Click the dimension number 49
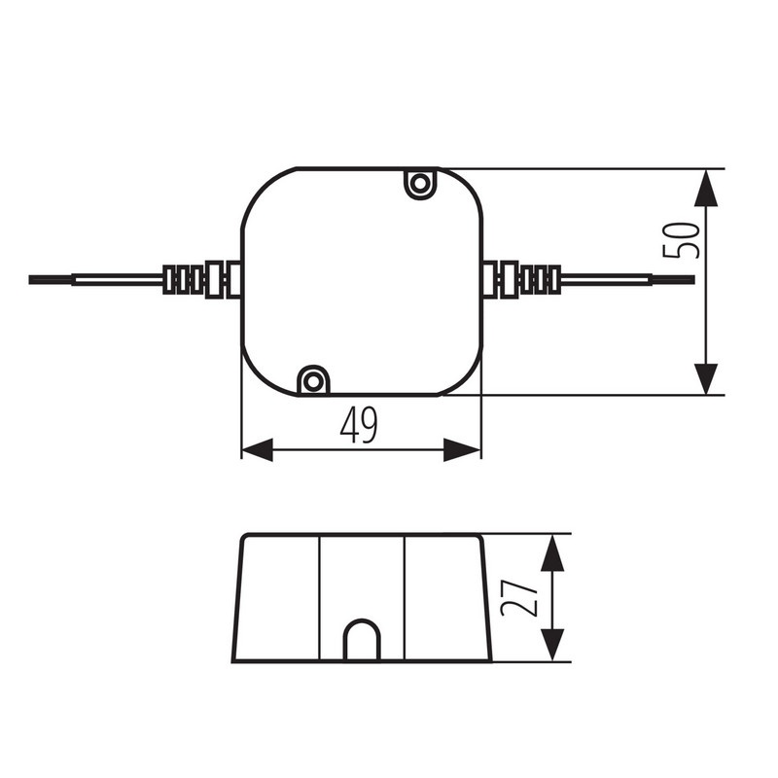[359, 425]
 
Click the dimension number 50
[682, 240]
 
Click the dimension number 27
[519, 598]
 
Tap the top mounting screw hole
[420, 184]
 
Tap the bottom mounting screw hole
[312, 381]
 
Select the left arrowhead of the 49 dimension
[257, 449]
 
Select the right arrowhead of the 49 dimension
[462, 449]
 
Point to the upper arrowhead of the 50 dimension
[706, 188]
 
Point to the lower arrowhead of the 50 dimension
[706, 378]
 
